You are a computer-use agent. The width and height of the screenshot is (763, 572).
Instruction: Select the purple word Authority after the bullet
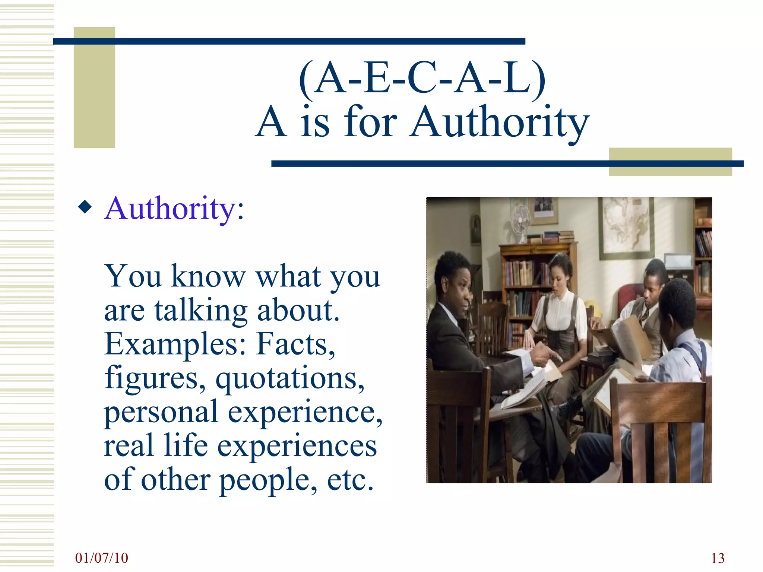(170, 209)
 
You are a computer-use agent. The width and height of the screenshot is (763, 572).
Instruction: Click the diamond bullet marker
(85, 207)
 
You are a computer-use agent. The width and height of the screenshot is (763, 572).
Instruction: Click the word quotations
(290, 378)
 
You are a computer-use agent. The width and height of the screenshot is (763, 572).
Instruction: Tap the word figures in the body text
(155, 378)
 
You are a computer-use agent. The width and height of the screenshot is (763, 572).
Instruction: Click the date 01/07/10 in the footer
(101, 558)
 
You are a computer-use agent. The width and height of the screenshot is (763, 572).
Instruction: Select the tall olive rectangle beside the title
(94, 88)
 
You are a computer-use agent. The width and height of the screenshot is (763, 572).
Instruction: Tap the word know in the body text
(208, 277)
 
